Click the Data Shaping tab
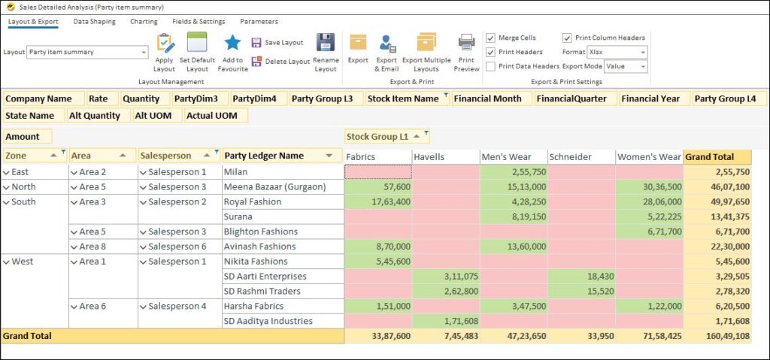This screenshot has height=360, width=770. (94, 22)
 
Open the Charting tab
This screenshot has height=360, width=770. (144, 22)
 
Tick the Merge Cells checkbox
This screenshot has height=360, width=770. (491, 38)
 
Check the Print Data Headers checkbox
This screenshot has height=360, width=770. (491, 66)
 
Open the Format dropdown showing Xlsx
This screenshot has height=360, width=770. (617, 52)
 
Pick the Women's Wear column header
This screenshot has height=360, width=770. (648, 157)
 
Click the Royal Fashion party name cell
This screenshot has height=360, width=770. (253, 201)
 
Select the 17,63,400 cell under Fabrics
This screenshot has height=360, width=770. (378, 201)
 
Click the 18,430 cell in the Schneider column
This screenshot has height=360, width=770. (581, 277)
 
